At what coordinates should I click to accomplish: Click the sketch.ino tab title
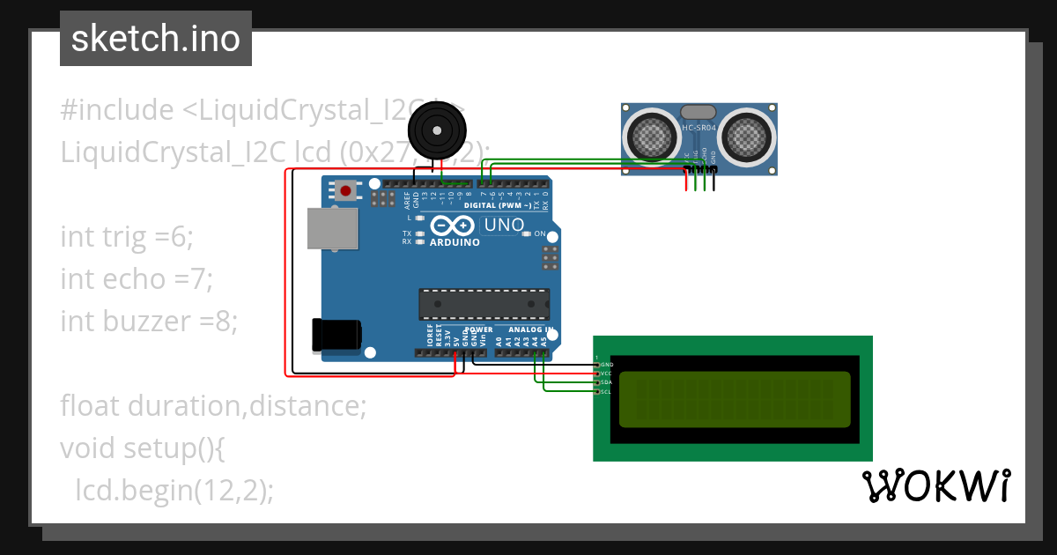[x=156, y=39]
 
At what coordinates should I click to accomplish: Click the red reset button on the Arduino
[x=346, y=190]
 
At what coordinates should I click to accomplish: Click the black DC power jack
[x=336, y=335]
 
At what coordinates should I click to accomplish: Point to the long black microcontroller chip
[x=484, y=304]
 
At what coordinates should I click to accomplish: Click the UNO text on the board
[x=504, y=226]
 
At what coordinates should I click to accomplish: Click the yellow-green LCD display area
[x=735, y=398]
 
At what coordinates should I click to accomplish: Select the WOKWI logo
[x=935, y=485]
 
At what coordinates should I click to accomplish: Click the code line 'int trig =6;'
[x=126, y=236]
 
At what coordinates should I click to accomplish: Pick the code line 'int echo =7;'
[x=137, y=278]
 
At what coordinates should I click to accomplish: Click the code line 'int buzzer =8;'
[x=149, y=321]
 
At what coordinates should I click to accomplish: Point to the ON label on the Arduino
[x=540, y=233]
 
